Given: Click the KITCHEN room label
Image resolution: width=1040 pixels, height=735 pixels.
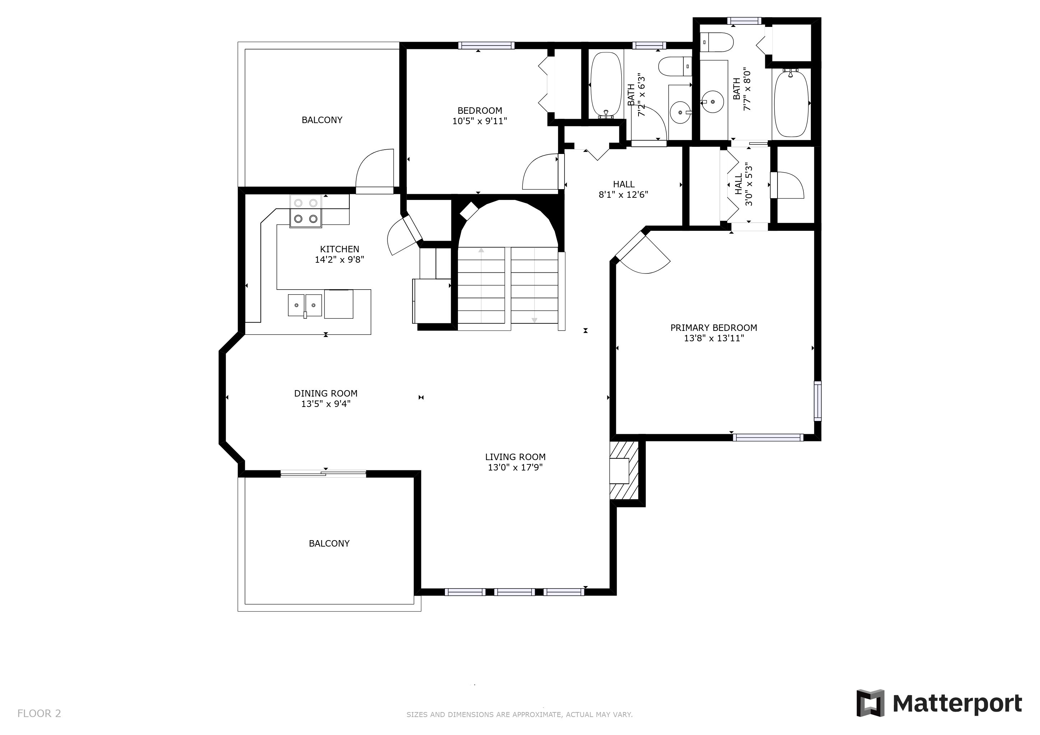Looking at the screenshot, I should [x=339, y=249].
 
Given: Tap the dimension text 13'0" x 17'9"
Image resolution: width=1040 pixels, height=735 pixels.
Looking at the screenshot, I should [x=515, y=468].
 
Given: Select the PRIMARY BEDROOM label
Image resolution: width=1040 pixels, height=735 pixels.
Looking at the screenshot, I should [x=714, y=328].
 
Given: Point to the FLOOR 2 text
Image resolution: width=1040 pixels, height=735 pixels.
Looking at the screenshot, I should [x=39, y=714].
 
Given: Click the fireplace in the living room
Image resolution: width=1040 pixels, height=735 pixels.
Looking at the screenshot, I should [x=623, y=471].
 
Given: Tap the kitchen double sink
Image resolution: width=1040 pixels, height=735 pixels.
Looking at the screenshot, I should [x=305, y=305].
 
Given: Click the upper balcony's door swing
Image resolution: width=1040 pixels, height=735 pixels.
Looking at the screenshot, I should [x=375, y=168].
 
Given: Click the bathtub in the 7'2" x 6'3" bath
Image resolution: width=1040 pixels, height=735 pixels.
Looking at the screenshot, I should [x=605, y=85].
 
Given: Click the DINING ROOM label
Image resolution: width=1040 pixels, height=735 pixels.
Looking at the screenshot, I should [x=326, y=393].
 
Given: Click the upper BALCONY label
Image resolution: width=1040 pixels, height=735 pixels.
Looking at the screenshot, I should [x=322, y=120].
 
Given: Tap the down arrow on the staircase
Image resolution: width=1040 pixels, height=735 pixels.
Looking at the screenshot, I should [x=534, y=319].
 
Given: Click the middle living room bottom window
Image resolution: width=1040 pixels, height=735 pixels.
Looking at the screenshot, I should [x=514, y=592].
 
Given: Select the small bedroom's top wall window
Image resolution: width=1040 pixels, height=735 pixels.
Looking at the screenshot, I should [x=486, y=45].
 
